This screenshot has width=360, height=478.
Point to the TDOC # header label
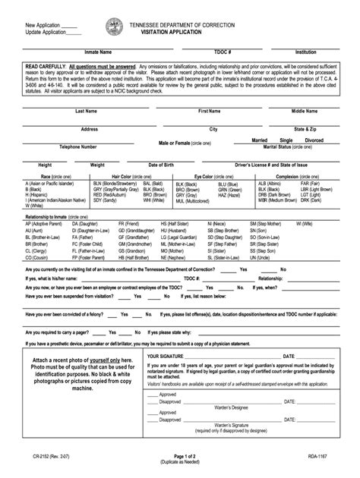click(222, 53)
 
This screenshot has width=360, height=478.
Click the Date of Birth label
click(162, 165)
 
